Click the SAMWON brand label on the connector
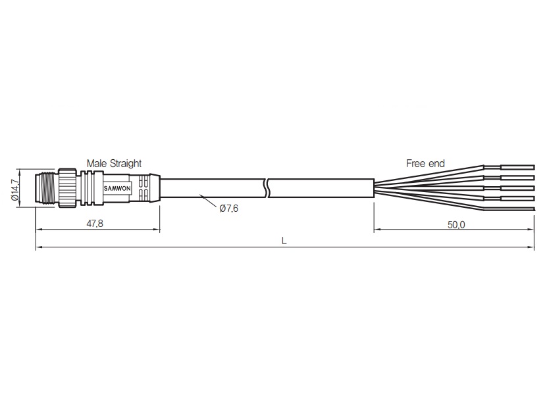(117, 189)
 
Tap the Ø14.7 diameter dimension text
(15, 190)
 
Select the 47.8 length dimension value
(95, 224)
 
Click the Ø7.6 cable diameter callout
(229, 209)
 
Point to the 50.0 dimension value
(456, 225)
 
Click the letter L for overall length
(284, 241)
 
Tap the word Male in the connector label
(97, 163)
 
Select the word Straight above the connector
(126, 163)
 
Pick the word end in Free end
(438, 163)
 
